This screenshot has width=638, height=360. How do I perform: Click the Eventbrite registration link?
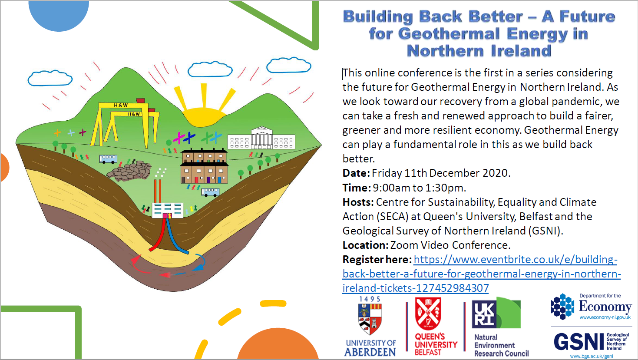(x=481, y=274)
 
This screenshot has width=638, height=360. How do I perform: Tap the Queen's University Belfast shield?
(x=428, y=314)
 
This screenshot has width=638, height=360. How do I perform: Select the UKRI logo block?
(x=496, y=313)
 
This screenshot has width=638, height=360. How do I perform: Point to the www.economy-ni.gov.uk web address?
(x=605, y=317)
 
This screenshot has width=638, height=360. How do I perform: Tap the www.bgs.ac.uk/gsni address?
(x=592, y=356)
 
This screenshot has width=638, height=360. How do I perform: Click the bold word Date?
(x=356, y=173)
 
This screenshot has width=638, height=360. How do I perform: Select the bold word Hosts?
(x=358, y=202)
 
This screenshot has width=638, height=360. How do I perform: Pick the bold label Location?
(x=365, y=245)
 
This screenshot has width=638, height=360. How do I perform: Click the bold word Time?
(x=357, y=188)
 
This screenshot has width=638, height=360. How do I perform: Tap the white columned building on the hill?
(x=261, y=138)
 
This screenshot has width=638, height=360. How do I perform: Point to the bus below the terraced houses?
(x=210, y=192)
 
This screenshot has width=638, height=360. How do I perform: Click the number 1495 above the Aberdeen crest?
(x=370, y=299)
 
